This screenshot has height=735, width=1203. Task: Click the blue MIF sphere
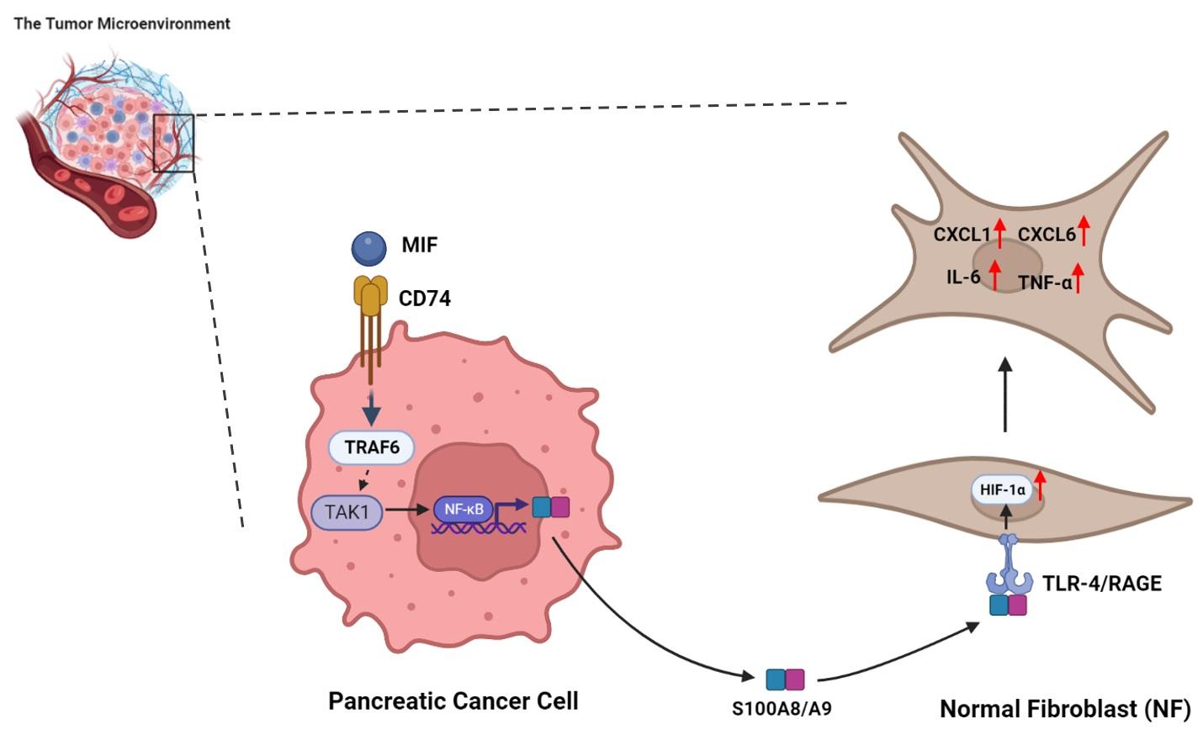click(x=368, y=248)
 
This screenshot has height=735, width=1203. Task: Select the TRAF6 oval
click(x=371, y=447)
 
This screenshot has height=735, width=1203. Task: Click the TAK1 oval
click(x=347, y=511)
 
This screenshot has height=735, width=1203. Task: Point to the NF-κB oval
click(x=463, y=509)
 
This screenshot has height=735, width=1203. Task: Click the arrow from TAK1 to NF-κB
click(x=407, y=510)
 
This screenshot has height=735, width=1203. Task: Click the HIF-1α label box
click(x=1001, y=489)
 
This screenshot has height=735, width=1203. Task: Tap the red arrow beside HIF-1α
click(x=1040, y=484)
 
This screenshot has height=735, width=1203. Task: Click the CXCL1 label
click(x=962, y=235)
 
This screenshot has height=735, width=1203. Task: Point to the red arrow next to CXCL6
click(x=1084, y=230)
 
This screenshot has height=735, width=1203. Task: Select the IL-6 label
click(x=963, y=277)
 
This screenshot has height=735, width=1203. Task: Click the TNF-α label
click(x=1045, y=283)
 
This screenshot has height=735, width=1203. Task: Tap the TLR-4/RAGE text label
click(x=1101, y=584)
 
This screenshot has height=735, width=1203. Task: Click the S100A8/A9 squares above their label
click(x=785, y=679)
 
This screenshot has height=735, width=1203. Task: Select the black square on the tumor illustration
click(x=173, y=143)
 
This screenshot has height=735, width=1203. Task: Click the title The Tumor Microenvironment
click(x=122, y=24)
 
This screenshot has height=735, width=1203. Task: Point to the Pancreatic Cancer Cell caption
click(x=453, y=701)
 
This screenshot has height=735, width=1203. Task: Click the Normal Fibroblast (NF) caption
click(x=1064, y=709)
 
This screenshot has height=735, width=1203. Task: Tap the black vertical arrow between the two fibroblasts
click(x=1005, y=395)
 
